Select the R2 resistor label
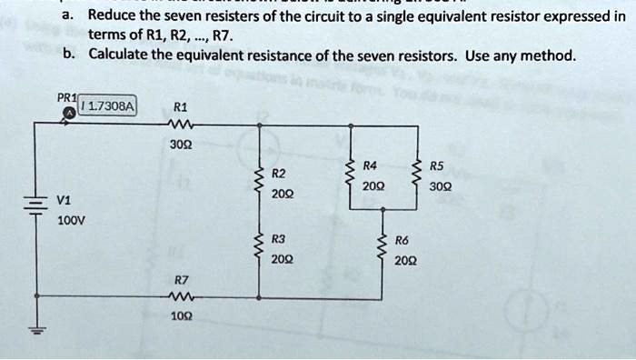(279, 173)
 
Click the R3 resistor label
(279, 239)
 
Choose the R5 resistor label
(436, 166)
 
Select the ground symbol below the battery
(36, 332)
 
